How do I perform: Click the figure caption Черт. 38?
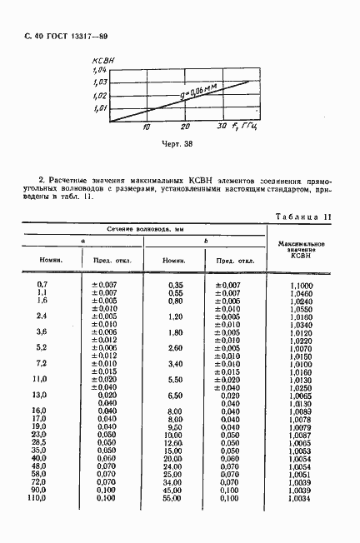tap(176, 145)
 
